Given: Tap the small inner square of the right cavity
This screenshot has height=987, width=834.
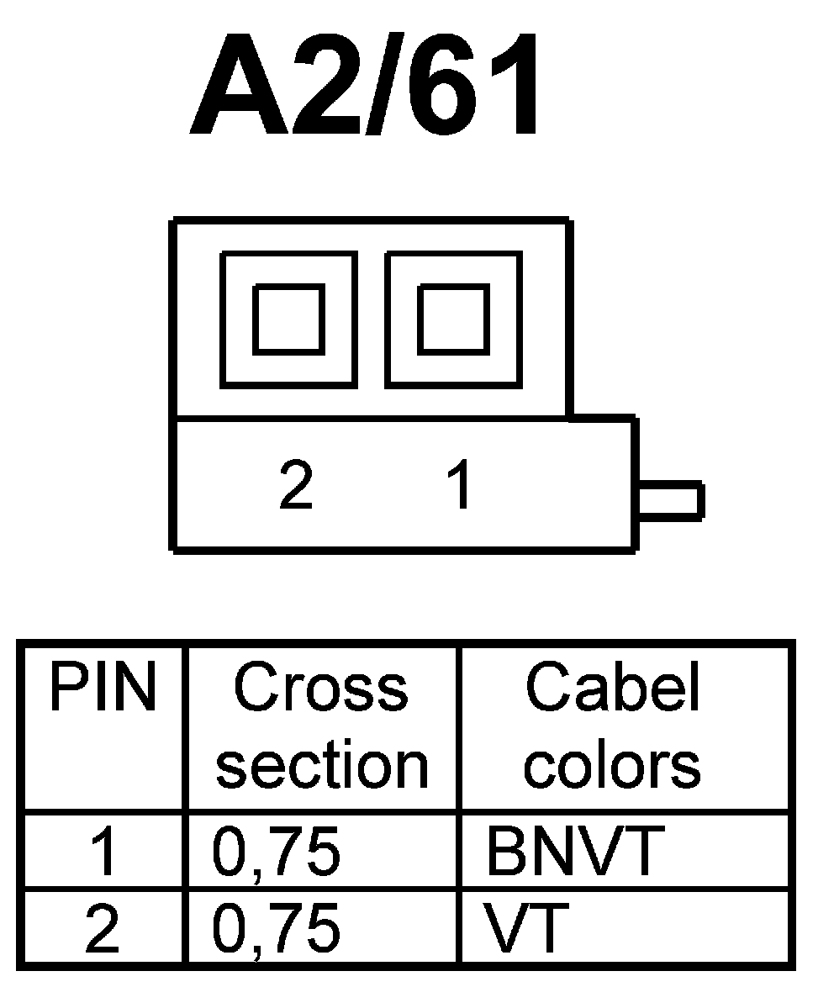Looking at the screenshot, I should pyautogui.click(x=453, y=319).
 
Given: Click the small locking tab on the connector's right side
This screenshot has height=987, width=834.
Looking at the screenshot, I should pyautogui.click(x=670, y=500).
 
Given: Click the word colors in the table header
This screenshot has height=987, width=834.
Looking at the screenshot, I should pyautogui.click(x=613, y=764).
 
